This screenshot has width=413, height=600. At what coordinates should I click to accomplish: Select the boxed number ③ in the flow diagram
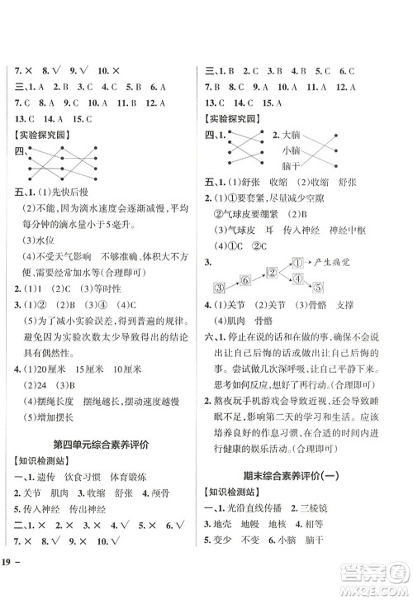221,288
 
